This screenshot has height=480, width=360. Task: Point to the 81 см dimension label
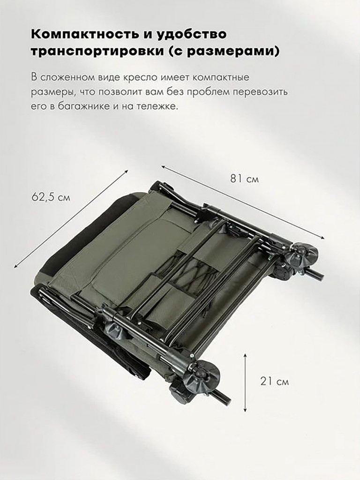[244, 179]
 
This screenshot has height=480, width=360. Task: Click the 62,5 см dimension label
[51, 197]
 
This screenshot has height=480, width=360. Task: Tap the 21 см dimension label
[274, 382]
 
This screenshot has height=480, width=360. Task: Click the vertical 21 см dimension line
[245, 382]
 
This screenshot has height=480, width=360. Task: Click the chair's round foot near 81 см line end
[303, 255]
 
